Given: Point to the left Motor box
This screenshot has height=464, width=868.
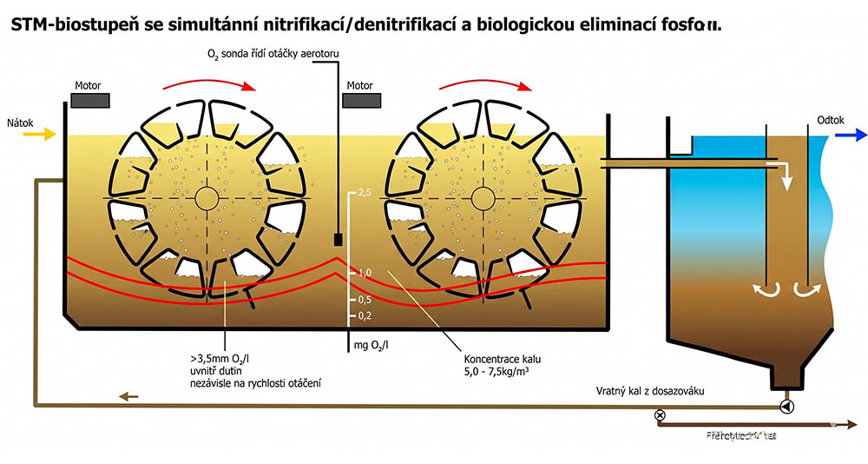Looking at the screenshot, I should (90, 100).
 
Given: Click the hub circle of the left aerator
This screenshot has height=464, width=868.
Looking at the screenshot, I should (206, 198).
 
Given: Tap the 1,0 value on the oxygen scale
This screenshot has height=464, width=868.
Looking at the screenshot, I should (364, 272).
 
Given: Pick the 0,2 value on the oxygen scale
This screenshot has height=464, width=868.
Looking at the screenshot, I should (364, 315).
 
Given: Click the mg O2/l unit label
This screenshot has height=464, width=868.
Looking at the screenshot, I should (370, 346).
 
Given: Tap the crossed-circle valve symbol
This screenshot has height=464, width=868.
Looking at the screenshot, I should (660, 415).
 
